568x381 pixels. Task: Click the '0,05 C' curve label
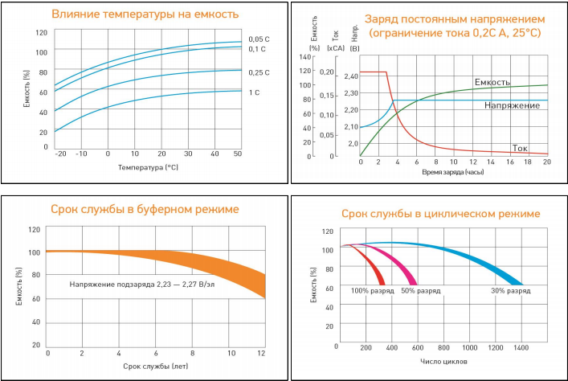point(258,39)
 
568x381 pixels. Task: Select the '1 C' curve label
point(254,92)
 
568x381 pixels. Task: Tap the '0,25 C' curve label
point(258,72)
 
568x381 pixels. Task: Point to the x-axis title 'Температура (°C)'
point(149,168)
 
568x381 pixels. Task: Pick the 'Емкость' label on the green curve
point(492,81)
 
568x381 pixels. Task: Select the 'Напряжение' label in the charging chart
point(512,105)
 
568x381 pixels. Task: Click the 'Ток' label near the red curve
point(520,147)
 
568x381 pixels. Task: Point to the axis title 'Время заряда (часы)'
point(455,173)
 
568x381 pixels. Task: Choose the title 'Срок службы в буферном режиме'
point(145,210)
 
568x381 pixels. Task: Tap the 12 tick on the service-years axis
point(261,353)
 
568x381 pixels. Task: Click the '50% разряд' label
point(419,290)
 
